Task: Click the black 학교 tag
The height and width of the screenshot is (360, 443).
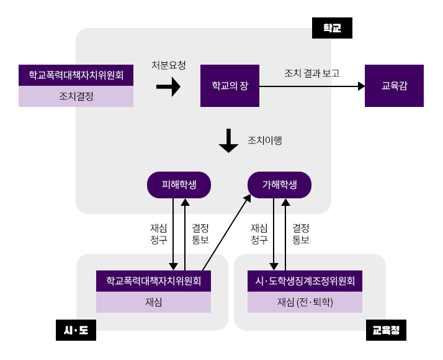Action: tap(332, 28)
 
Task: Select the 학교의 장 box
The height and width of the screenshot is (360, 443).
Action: tap(230, 86)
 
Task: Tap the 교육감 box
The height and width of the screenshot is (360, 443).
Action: tap(394, 86)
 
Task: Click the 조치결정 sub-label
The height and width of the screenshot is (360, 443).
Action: tap(76, 96)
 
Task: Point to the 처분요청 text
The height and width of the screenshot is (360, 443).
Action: tap(169, 65)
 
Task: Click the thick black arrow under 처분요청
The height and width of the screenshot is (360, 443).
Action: tap(168, 86)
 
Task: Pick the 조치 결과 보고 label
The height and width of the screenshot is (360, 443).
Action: tap(311, 73)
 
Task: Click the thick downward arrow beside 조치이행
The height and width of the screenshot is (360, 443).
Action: tap(228, 141)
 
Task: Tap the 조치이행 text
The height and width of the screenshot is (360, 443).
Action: tap(265, 141)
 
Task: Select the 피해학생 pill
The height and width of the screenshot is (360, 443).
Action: tap(179, 185)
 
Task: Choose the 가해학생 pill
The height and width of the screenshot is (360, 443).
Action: tap(279, 185)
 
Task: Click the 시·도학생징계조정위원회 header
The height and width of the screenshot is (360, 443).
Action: tap(305, 281)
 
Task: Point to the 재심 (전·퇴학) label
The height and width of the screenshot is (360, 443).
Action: tap(305, 302)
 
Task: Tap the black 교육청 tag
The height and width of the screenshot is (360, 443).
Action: tap(386, 330)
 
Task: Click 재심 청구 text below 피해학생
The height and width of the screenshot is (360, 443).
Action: tap(159, 234)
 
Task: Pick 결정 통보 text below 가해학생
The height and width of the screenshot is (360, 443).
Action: tap(301, 234)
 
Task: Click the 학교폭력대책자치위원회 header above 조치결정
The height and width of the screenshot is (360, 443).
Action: tap(76, 75)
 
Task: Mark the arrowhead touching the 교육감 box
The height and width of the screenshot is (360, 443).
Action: tap(362, 86)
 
